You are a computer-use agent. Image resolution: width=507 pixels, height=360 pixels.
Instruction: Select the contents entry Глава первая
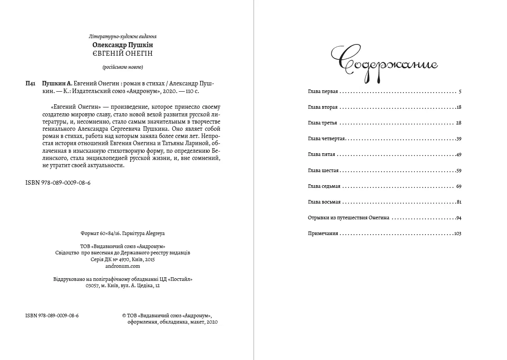(x=322, y=92)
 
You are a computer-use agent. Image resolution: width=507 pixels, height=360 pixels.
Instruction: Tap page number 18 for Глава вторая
(x=458, y=107)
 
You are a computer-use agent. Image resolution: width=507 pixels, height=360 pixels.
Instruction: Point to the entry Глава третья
(x=322, y=123)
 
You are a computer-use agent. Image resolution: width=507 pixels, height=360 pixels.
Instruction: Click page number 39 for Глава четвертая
(x=458, y=139)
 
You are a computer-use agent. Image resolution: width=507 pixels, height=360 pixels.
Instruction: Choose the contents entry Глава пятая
(x=322, y=155)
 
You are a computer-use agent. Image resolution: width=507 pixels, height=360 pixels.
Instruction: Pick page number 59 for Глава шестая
(x=458, y=171)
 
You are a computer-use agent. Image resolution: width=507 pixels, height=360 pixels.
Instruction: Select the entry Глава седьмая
(x=324, y=186)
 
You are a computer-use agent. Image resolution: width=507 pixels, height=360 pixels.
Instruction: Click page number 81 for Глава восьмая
(x=459, y=202)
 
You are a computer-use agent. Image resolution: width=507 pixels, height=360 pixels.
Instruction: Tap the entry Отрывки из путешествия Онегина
(x=348, y=218)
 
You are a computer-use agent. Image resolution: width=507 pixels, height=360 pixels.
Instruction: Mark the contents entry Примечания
(x=323, y=234)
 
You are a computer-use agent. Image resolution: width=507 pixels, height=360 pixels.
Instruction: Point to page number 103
(x=457, y=234)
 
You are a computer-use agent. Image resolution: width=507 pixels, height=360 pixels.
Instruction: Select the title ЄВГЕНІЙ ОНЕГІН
(x=123, y=53)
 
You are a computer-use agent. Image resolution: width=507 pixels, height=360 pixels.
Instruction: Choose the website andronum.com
(x=123, y=266)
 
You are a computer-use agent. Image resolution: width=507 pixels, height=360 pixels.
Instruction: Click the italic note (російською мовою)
(x=123, y=67)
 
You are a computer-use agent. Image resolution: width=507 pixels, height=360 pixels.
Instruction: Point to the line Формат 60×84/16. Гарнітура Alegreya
(x=123, y=234)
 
